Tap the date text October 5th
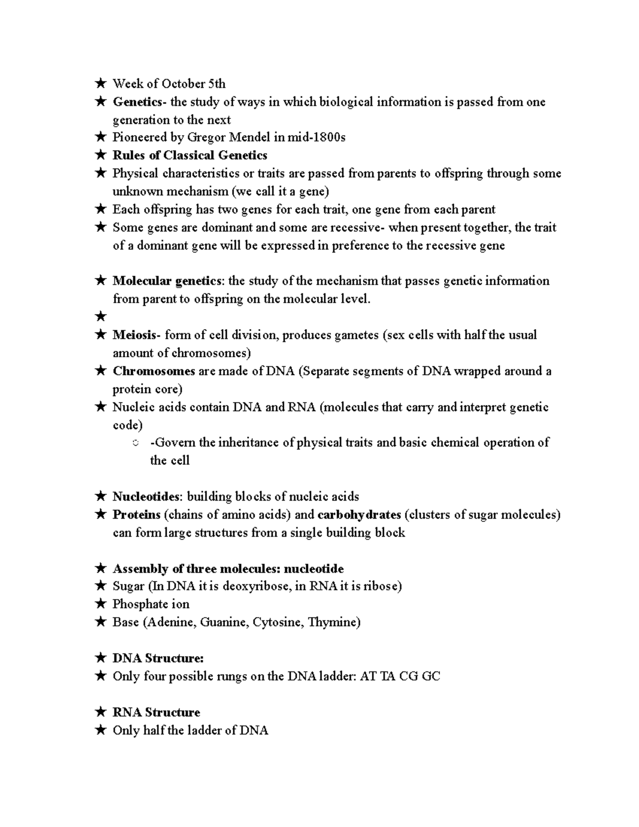pyautogui.click(x=193, y=84)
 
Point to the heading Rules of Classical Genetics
pyautogui.click(x=190, y=155)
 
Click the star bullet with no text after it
pyautogui.click(x=100, y=317)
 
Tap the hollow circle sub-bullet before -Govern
pyautogui.click(x=135, y=443)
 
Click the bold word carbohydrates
pyautogui.click(x=359, y=515)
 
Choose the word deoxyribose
pyautogui.click(x=256, y=586)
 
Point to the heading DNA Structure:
pyautogui.click(x=158, y=658)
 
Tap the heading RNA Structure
pyautogui.click(x=156, y=713)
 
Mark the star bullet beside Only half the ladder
pyautogui.click(x=100, y=731)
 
